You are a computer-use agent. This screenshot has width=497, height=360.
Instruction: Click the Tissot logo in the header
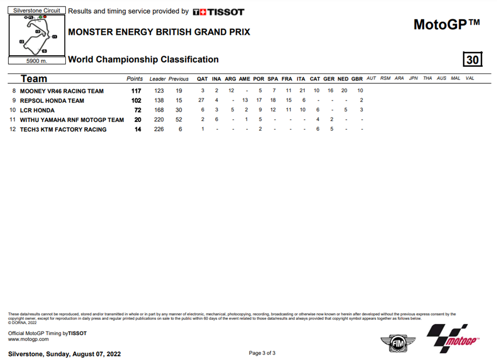tap(219, 12)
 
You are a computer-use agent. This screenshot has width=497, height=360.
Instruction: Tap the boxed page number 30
tap(473, 59)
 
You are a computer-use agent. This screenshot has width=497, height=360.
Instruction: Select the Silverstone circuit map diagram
tap(37, 35)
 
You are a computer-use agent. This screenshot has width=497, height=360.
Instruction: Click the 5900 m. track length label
tap(37, 61)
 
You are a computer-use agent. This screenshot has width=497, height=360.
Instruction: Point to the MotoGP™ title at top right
tap(447, 24)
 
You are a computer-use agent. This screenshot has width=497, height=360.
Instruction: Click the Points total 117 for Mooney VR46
tap(136, 91)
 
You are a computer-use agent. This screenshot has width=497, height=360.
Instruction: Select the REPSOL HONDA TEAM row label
tap(52, 100)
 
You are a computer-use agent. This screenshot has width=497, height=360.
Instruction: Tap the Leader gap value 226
tap(159, 129)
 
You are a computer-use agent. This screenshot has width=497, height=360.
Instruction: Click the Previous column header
tap(178, 78)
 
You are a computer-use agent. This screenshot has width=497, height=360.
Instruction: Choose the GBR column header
tap(357, 78)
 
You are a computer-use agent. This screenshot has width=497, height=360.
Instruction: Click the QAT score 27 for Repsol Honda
tap(202, 100)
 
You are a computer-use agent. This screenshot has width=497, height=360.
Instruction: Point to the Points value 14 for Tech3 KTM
tap(138, 129)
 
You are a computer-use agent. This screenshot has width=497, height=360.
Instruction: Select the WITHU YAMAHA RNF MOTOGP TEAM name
tap(72, 120)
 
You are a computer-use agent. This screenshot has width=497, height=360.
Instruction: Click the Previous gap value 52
tap(178, 120)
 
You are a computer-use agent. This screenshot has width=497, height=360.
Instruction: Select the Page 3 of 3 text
tap(262, 353)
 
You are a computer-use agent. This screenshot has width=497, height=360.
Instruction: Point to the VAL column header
tap(470, 78)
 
